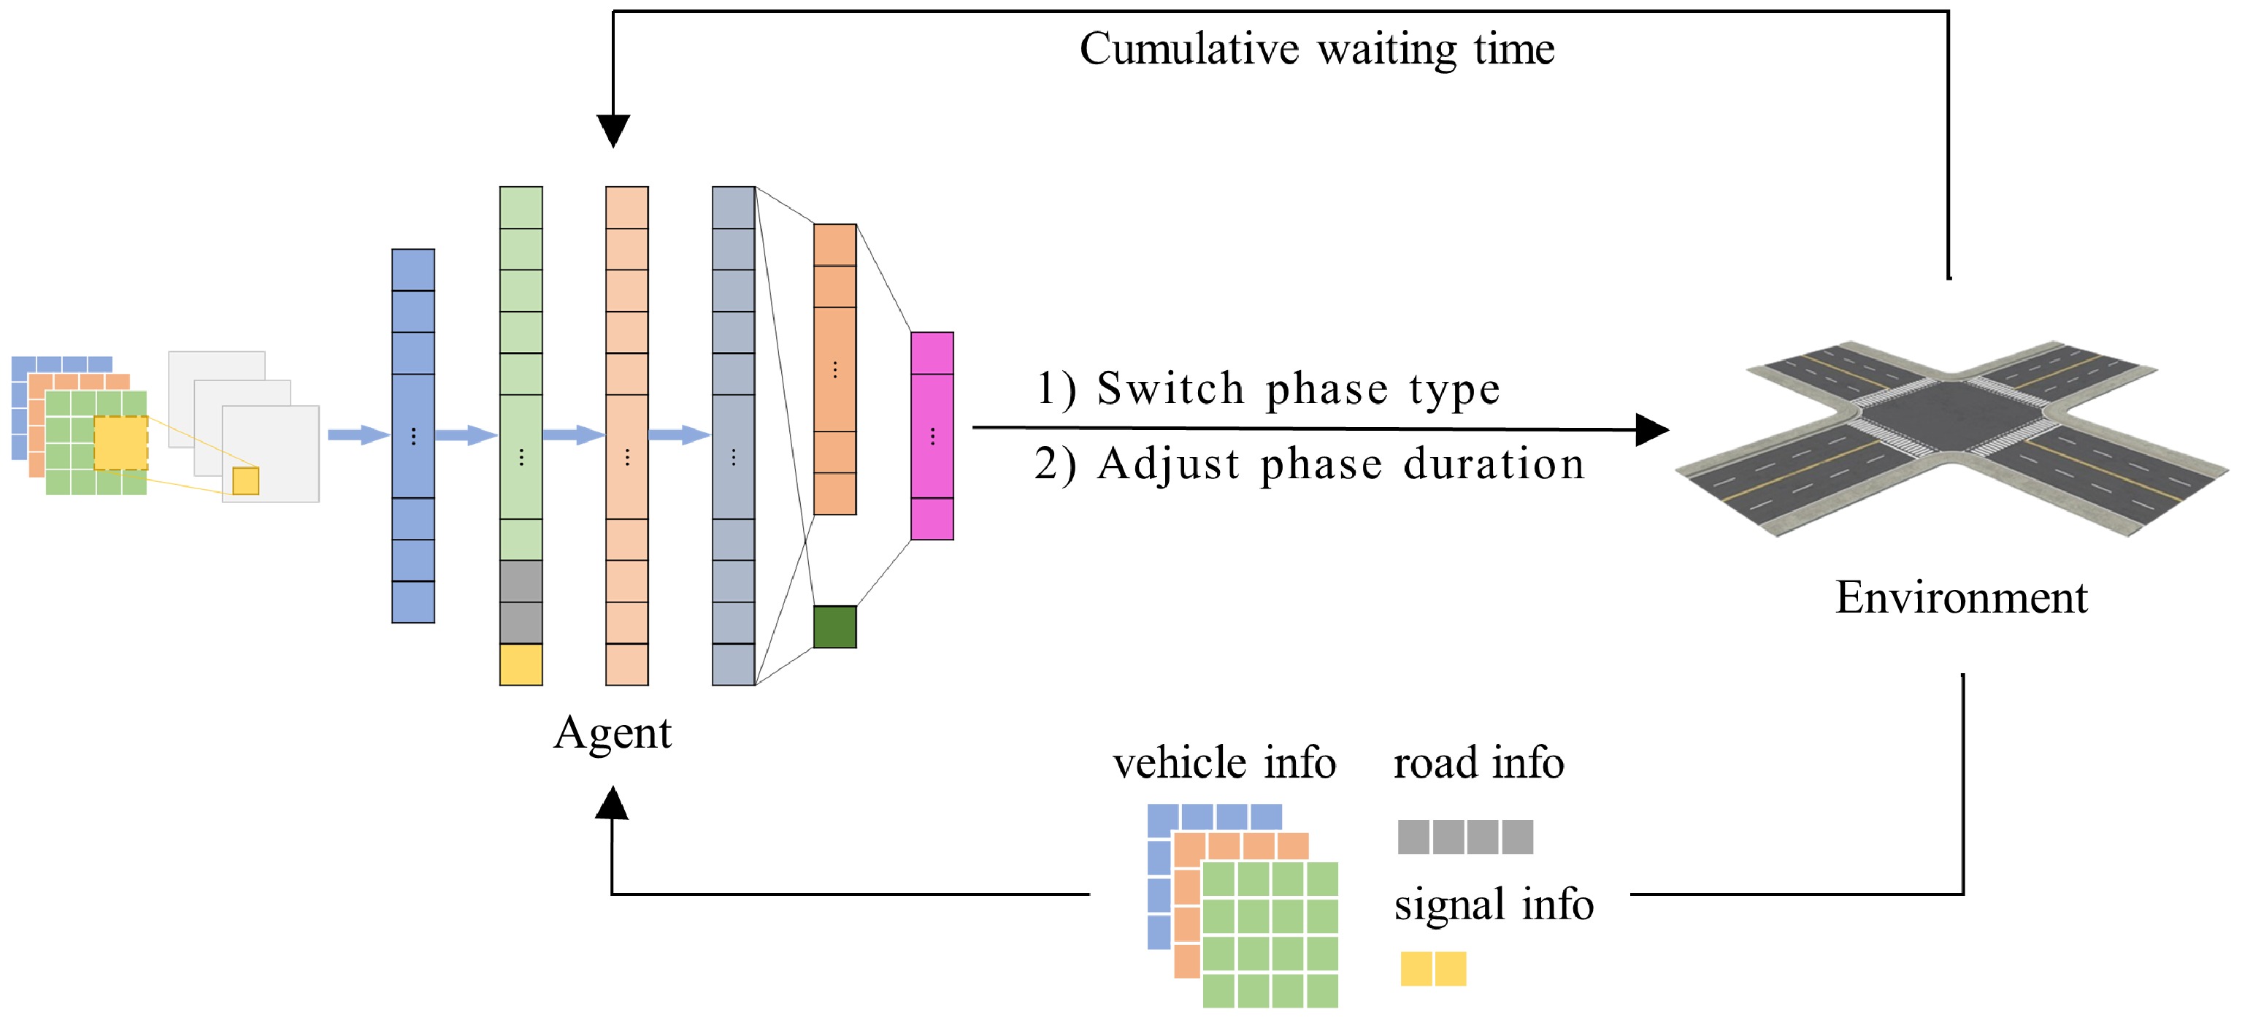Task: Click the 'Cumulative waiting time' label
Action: point(1316,49)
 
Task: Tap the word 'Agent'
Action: point(612,733)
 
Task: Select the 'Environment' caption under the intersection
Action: point(1961,598)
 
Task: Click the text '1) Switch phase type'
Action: point(1267,388)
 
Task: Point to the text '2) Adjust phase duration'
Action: point(1309,463)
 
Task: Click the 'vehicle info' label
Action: point(1224,762)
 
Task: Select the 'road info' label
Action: point(1478,762)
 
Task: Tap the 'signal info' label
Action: point(1494,904)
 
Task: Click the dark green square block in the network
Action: point(834,626)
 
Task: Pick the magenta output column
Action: point(932,435)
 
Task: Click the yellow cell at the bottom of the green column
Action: point(521,664)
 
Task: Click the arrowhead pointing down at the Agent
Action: point(613,131)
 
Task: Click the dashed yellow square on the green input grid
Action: point(120,443)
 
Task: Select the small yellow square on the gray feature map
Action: point(245,480)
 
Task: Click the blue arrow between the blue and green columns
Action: point(466,434)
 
